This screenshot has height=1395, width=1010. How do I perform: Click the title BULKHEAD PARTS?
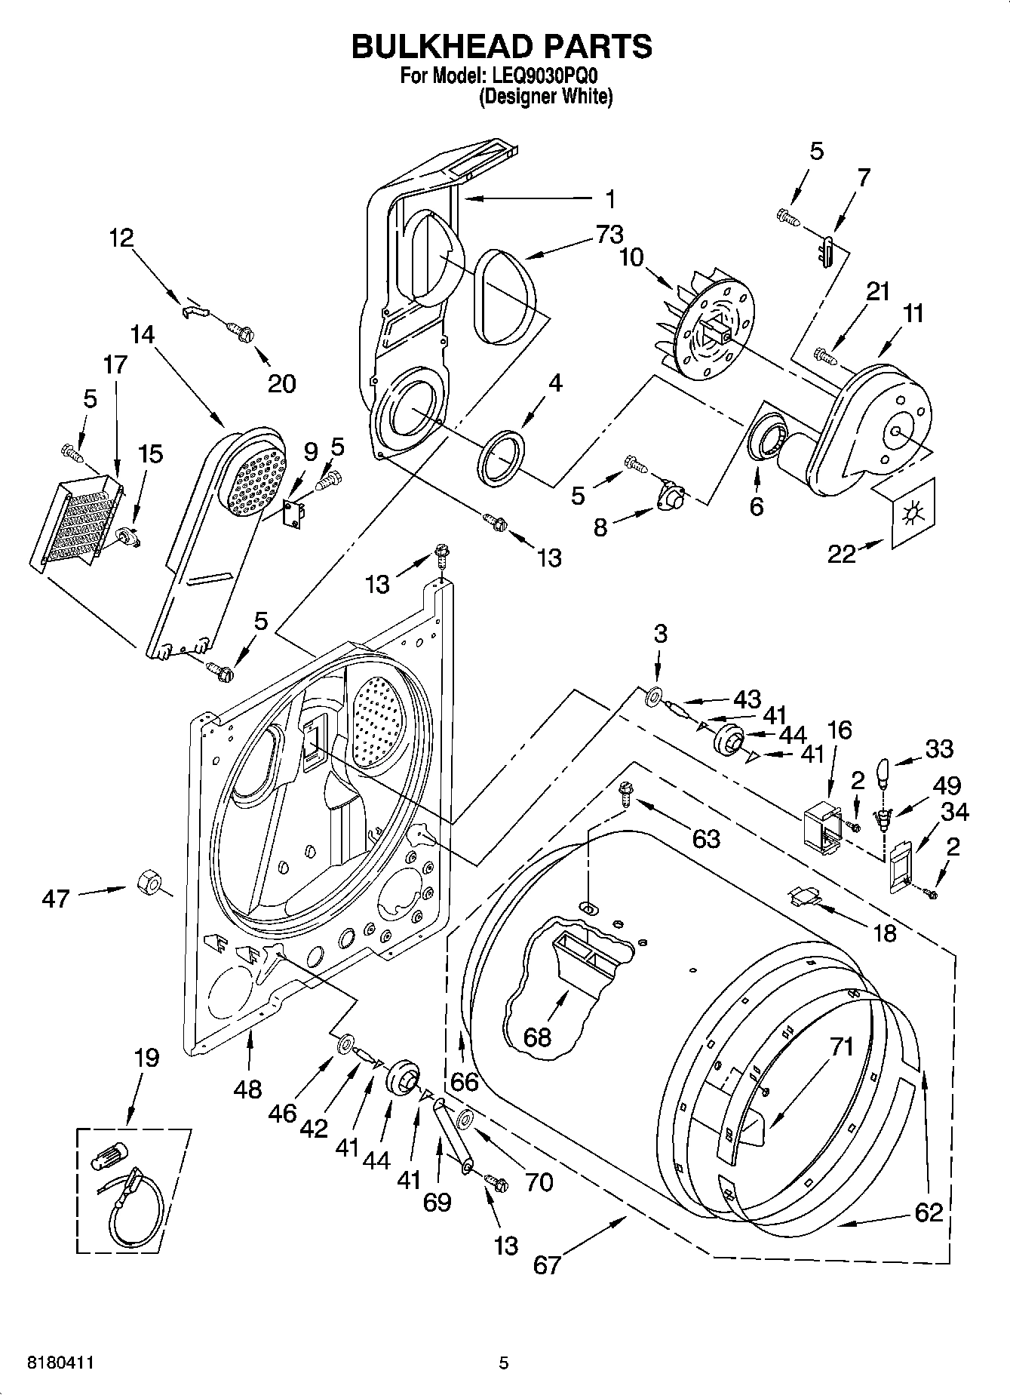502,46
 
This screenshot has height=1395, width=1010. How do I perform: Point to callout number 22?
842,554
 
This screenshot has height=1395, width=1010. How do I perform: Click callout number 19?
146,1058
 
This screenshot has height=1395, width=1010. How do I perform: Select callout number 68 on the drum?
538,1037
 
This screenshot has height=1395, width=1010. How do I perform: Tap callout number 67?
547,1264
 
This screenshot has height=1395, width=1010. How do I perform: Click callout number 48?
247,1089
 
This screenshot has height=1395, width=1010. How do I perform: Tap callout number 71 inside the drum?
842,1047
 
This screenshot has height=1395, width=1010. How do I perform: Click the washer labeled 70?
465,1118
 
